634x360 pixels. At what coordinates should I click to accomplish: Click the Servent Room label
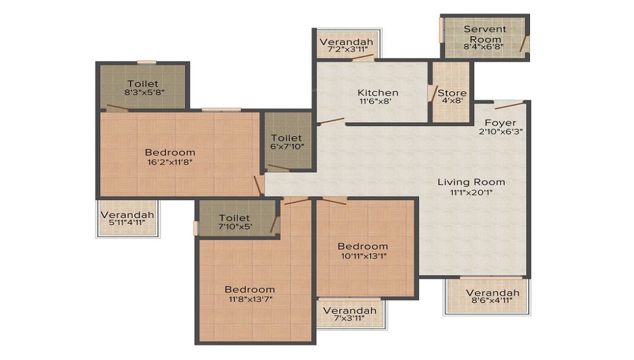coord(484,34)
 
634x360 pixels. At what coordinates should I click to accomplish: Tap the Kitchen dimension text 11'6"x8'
coord(375,101)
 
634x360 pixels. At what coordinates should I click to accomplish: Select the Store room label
coord(452,93)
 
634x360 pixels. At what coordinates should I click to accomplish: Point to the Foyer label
coord(501,122)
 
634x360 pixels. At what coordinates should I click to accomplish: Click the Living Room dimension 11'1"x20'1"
coord(471,193)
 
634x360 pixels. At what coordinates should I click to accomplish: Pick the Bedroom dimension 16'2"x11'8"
coord(170,162)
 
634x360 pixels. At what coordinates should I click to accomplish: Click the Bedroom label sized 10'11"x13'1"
coord(363,246)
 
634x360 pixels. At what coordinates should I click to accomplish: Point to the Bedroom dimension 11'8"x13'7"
coord(250,299)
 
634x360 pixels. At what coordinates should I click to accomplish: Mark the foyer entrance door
coord(510,105)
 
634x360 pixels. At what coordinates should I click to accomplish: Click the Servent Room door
coord(524,44)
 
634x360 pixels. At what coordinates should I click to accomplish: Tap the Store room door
coord(433,94)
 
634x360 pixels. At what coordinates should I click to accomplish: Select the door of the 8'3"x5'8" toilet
coord(117,108)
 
